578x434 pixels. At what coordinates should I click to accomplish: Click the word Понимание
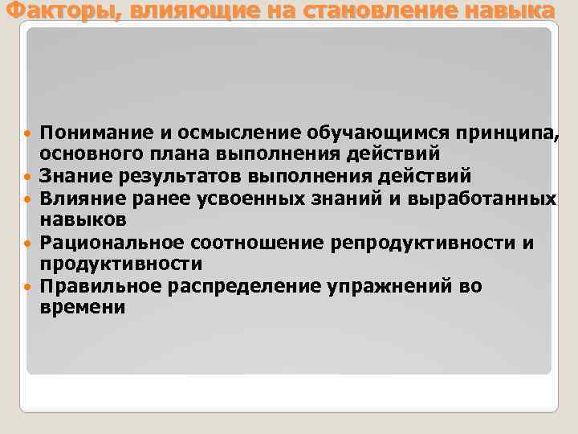tap(90, 131)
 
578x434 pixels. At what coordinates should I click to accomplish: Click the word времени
tap(83, 307)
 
